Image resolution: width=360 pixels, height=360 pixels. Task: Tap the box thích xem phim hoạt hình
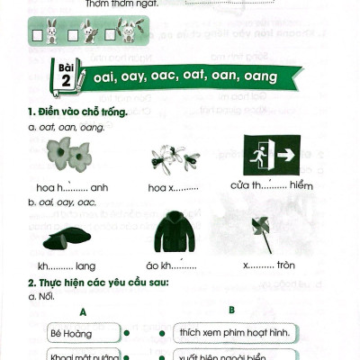(x=231, y=333)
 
